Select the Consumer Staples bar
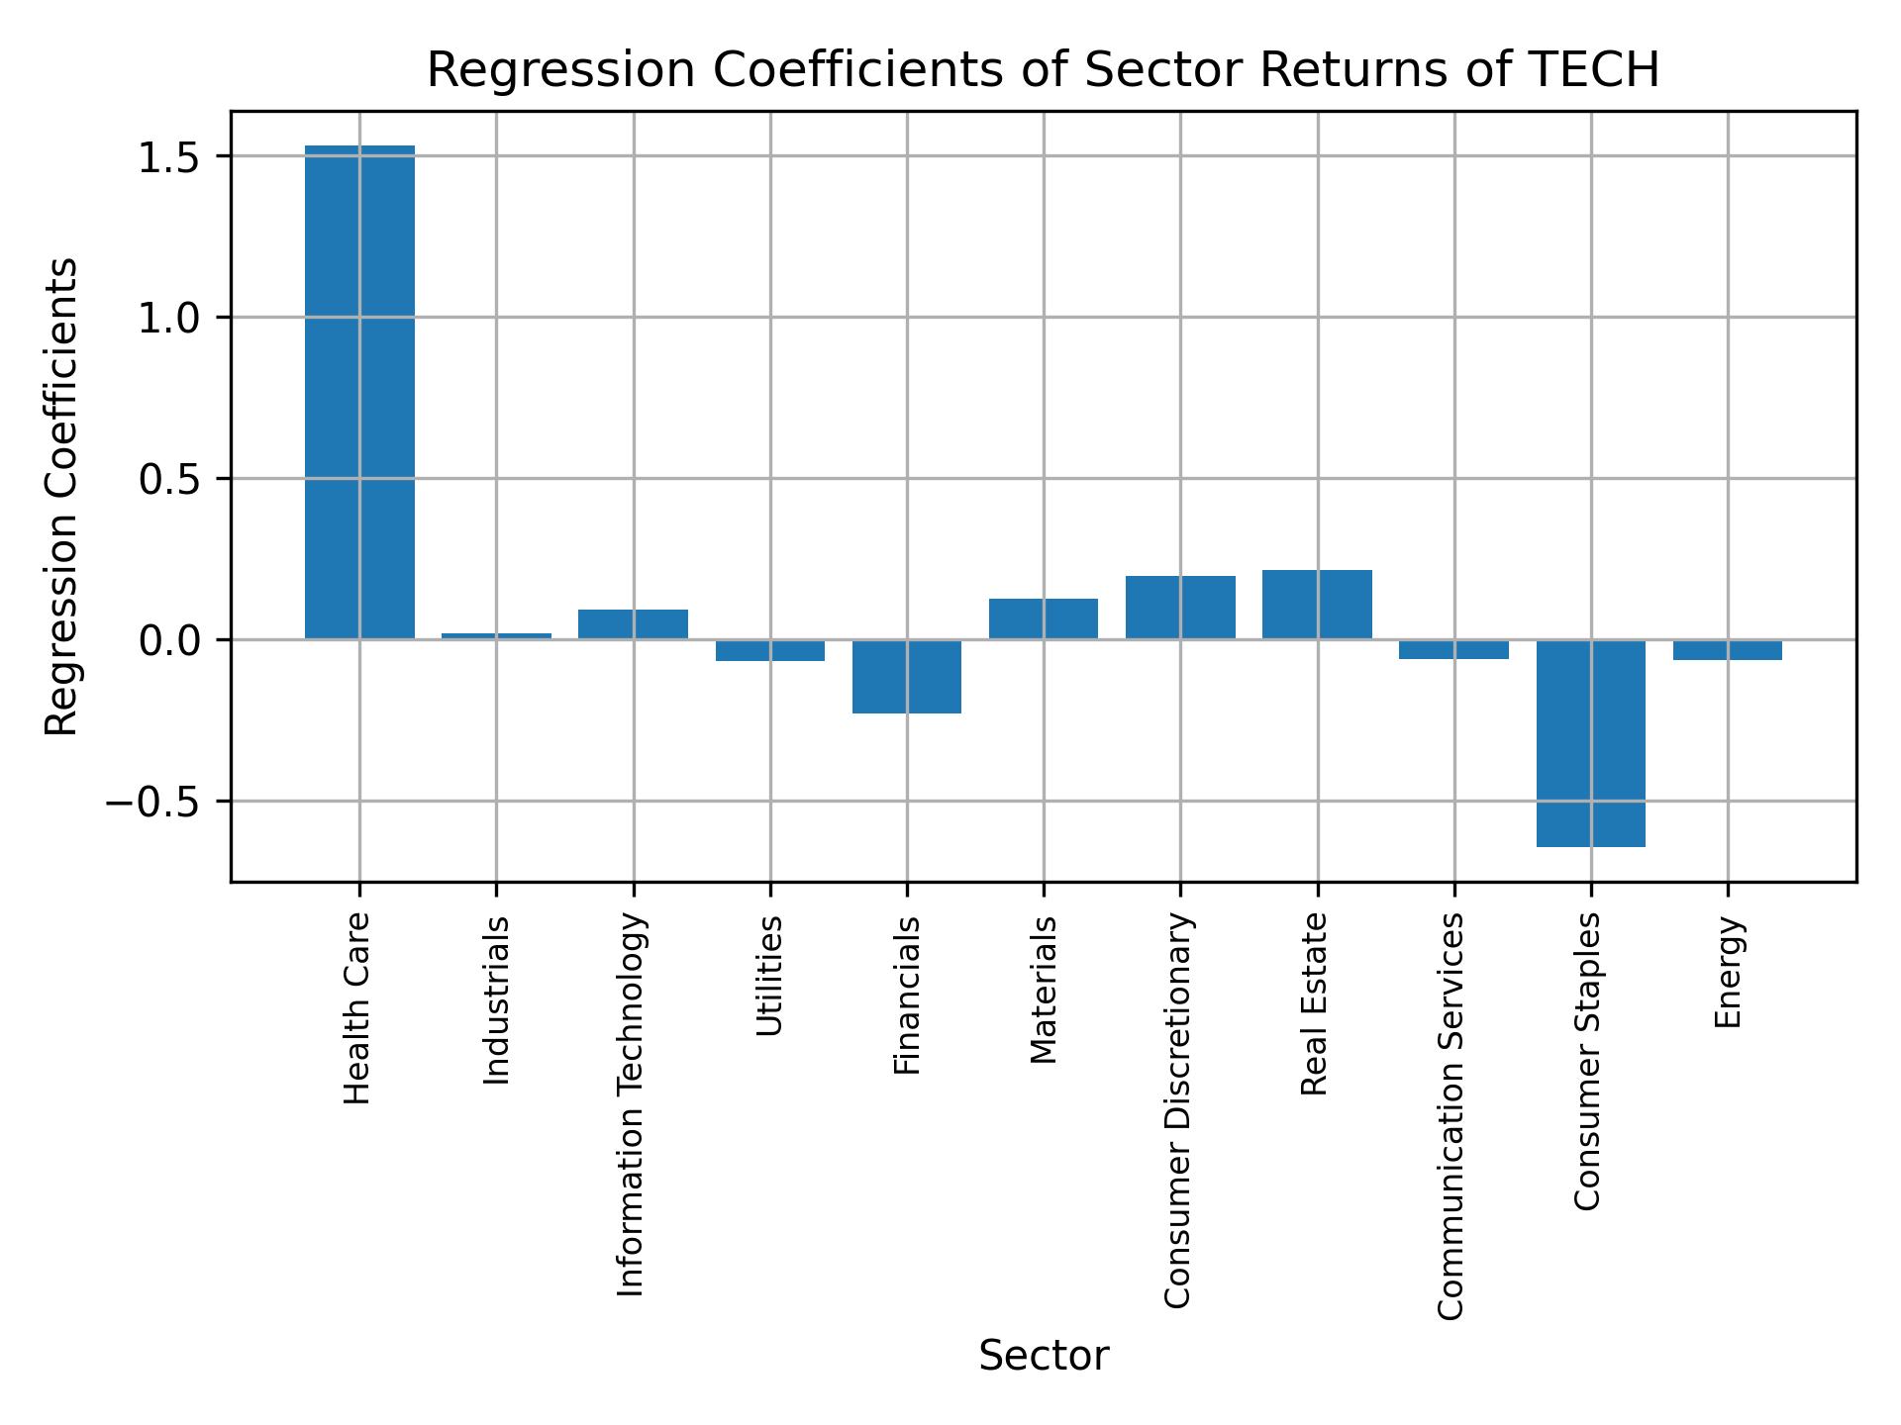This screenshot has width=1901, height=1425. [x=1590, y=742]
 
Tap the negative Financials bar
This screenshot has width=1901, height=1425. [x=907, y=676]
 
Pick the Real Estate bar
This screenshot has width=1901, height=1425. [x=1317, y=605]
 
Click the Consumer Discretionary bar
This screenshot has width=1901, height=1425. [x=1180, y=608]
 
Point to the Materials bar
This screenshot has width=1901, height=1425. [x=1043, y=618]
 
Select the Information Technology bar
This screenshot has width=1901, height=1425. [x=633, y=624]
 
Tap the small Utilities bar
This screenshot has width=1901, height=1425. [x=770, y=650]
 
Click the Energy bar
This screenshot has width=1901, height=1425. [x=1727, y=649]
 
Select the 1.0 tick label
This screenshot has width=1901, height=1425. [x=169, y=318]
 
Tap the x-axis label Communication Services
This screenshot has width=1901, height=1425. [x=1451, y=1116]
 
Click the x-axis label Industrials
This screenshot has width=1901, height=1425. [x=496, y=1000]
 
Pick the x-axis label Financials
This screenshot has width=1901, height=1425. [x=907, y=996]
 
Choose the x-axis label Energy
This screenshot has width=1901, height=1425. [x=1727, y=973]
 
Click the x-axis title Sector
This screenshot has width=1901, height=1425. [x=1044, y=1356]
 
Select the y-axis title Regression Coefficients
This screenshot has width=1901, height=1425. [x=61, y=496]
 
